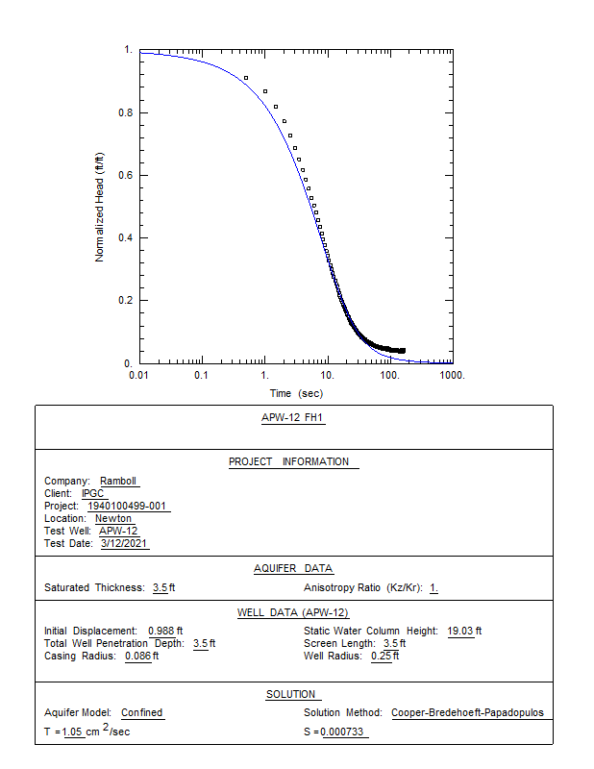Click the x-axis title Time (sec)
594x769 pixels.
(x=296, y=393)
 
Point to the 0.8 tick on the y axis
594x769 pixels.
(x=126, y=112)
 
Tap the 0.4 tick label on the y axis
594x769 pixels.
(x=126, y=237)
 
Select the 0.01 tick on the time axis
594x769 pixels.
(x=140, y=374)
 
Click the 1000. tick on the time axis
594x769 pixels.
(x=452, y=374)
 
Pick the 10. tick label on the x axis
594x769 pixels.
(x=328, y=374)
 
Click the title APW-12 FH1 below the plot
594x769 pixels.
(x=294, y=418)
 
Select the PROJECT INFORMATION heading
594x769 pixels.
(x=294, y=461)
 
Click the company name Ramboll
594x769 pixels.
(x=119, y=482)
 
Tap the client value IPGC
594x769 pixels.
(x=93, y=494)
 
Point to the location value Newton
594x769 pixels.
(x=113, y=519)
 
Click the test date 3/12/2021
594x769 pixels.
(x=125, y=544)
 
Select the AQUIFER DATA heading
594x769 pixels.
(x=294, y=568)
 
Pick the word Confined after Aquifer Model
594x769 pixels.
(x=142, y=712)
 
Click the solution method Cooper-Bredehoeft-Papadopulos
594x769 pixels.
(x=467, y=712)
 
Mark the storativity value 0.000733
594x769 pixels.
(x=344, y=732)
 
